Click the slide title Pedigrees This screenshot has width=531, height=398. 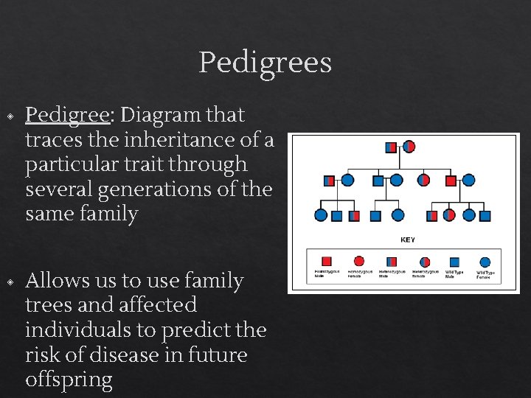(x=265, y=63)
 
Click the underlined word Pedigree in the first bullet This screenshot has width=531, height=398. (x=67, y=115)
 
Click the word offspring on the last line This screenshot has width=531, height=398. (x=69, y=380)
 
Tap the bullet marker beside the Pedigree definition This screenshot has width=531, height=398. (x=10, y=116)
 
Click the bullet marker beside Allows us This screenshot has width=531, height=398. (x=10, y=282)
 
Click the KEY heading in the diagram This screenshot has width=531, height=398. (x=407, y=240)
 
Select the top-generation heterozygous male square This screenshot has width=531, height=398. (x=391, y=147)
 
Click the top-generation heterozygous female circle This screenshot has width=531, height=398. (x=409, y=147)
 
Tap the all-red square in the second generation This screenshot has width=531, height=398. (x=450, y=180)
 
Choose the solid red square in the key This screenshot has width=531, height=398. (x=326, y=261)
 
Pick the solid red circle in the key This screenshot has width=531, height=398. (x=358, y=261)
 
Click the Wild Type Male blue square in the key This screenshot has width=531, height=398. (x=454, y=261)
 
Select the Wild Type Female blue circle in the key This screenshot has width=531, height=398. (x=485, y=261)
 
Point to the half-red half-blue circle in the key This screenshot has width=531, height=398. (x=424, y=261)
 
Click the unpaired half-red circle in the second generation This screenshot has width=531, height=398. (x=423, y=180)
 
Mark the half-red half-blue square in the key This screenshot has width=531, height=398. (x=391, y=261)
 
